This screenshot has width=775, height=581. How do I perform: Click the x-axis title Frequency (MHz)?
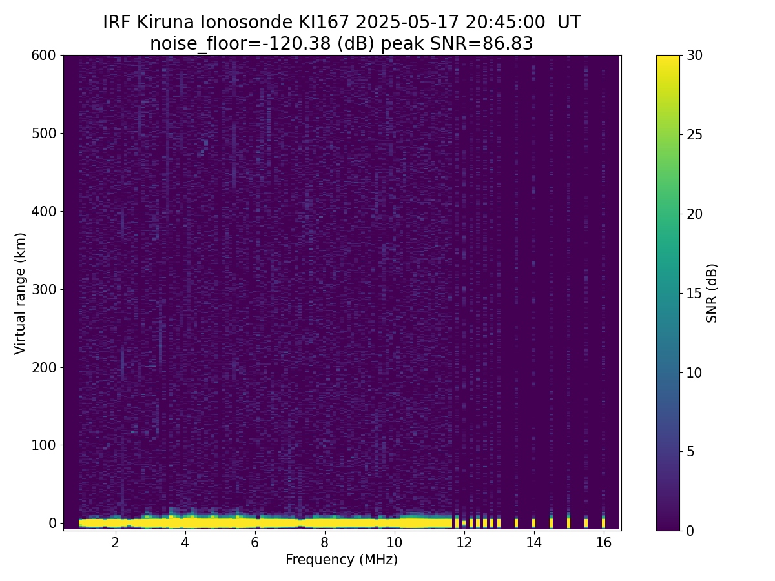342,560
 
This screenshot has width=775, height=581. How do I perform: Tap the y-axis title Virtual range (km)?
21,293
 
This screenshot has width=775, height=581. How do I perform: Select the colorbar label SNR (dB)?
712,293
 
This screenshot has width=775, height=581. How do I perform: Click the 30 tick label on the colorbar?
694,56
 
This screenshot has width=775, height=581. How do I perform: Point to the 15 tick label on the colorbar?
694,293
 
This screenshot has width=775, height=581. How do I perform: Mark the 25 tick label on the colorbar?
694,135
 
